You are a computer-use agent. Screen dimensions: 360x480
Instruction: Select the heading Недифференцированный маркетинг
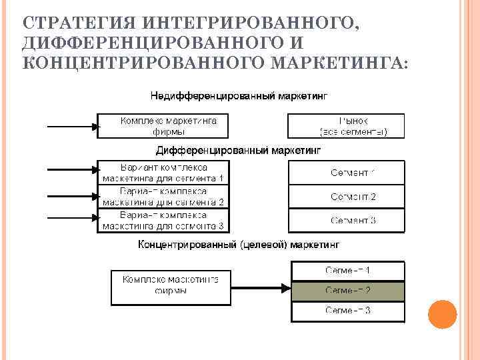tap(239, 96)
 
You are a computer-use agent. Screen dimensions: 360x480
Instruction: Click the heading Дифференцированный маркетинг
tap(238, 151)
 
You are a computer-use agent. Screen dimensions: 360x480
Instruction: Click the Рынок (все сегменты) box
tap(346, 126)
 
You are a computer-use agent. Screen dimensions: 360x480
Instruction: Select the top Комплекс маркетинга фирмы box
tap(163, 126)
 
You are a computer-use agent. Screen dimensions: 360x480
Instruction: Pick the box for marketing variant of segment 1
tap(163, 173)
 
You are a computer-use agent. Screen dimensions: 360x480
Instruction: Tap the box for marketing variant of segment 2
tap(163, 196)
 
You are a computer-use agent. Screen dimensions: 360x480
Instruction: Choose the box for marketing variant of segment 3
tap(163, 220)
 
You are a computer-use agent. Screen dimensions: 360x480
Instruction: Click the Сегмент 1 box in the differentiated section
tap(346, 173)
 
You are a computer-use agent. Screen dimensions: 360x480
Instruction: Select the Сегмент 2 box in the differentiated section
tap(346, 196)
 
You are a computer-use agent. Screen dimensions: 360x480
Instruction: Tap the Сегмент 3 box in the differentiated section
tap(346, 219)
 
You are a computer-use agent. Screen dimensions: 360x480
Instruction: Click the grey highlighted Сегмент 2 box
tap(348, 291)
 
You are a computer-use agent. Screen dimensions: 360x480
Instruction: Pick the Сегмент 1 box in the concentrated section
tap(348, 271)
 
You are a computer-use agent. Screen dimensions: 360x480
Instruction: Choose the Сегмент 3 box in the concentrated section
tap(348, 311)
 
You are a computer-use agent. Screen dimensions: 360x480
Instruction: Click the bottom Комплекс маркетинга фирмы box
tap(170, 285)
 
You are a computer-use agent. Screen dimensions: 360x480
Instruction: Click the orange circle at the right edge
tap(442, 314)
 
